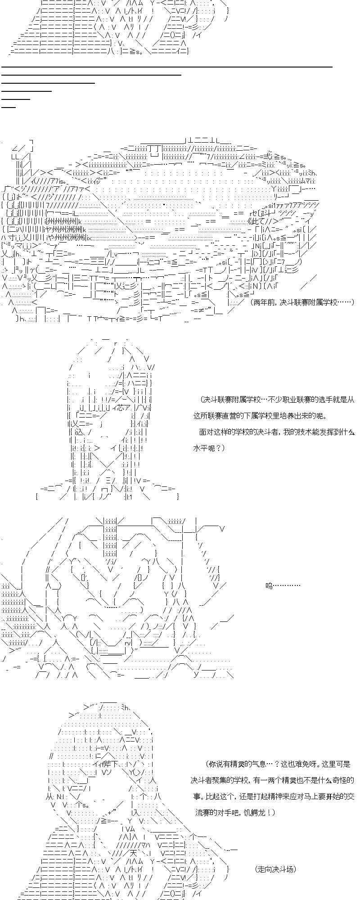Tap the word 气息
tap(263, 764)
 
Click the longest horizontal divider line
tap(166, 67)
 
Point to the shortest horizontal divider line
tap(9, 107)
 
